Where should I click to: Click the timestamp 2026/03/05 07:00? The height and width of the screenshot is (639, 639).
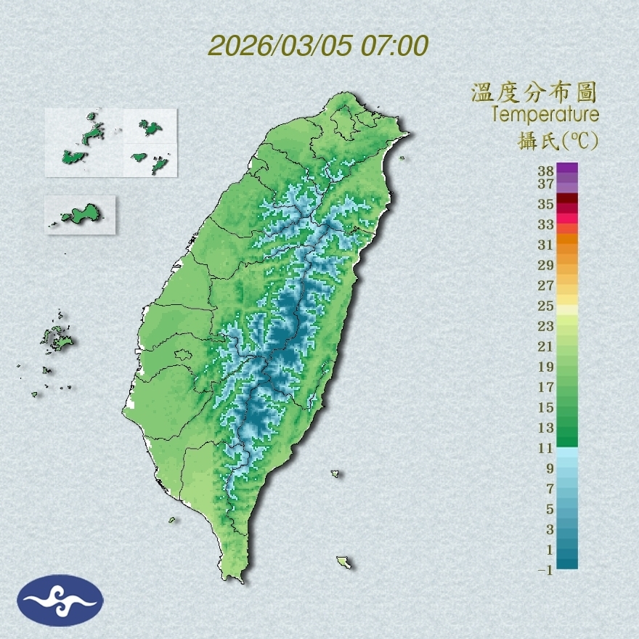click(x=318, y=46)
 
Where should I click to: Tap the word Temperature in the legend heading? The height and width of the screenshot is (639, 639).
click(x=545, y=115)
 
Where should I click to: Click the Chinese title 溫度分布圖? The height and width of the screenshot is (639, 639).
click(x=534, y=93)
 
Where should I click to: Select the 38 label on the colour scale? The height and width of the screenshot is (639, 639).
click(x=546, y=171)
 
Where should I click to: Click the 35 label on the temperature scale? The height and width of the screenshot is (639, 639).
click(x=546, y=204)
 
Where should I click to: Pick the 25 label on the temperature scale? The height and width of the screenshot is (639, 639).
click(x=546, y=306)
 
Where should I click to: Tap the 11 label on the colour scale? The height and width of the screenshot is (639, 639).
click(x=546, y=448)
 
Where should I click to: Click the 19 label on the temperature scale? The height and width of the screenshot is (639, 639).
click(x=546, y=367)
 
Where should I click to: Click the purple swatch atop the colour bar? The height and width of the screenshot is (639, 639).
click(x=567, y=168)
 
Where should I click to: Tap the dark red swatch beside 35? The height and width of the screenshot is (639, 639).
click(x=567, y=199)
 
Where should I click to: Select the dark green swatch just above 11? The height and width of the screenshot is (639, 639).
click(x=567, y=437)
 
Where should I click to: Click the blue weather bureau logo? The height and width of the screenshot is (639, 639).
click(x=60, y=601)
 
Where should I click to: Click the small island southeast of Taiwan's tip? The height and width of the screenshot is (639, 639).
click(x=343, y=561)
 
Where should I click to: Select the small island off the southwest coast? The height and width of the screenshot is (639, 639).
click(x=173, y=520)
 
